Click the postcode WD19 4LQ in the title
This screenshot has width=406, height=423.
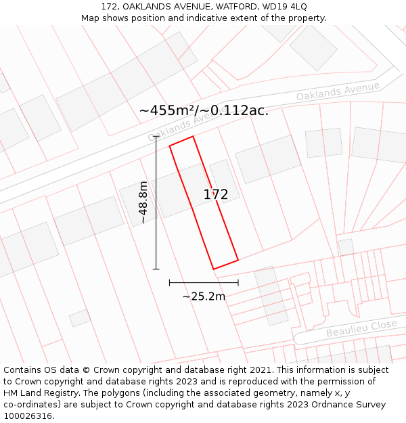coord(284,6)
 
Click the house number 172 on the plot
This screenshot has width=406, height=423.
coord(216,195)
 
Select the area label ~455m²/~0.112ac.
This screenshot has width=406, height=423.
coord(204,111)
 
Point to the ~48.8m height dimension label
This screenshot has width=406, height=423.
coord(143,202)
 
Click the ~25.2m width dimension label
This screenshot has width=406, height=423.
coord(204,296)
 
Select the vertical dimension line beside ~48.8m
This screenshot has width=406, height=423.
coord(156,202)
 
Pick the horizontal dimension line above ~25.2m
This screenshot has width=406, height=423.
coord(204,282)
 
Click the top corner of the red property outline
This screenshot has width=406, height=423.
coord(193,137)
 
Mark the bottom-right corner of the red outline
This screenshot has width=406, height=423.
coord(238,260)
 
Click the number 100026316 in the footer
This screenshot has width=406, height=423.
coord(28,416)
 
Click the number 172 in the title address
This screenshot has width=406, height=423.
coord(110,6)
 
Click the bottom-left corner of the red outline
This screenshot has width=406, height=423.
coord(214,269)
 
